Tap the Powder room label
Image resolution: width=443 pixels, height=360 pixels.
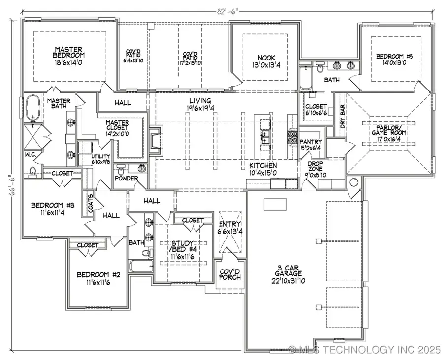127,178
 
